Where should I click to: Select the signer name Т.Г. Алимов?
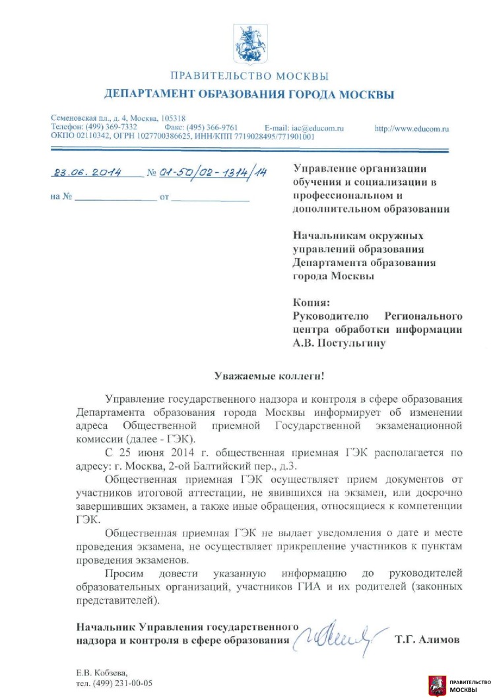click(x=426, y=640)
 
